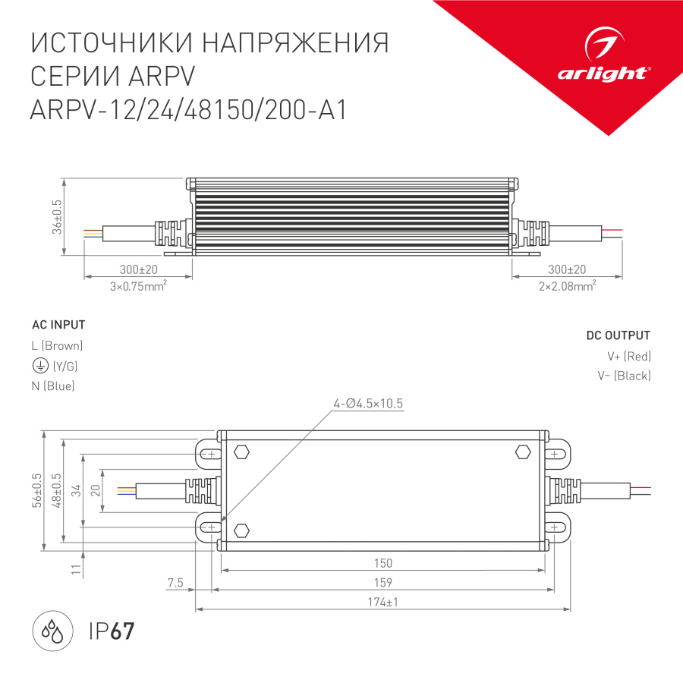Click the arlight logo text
coord(603,73)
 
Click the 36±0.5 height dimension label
coord(57,217)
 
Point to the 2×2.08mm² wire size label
coord(567,285)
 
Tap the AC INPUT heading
coord(58,325)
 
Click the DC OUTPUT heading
coord(618,335)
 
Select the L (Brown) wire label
coord(57,346)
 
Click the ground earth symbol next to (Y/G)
coord(39,367)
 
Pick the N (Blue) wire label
coord(53,386)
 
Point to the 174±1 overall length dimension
coord(383,602)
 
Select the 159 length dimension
coord(383,582)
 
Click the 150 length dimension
coord(383,563)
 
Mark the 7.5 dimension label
coord(175,583)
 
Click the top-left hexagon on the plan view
coord(242,452)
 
